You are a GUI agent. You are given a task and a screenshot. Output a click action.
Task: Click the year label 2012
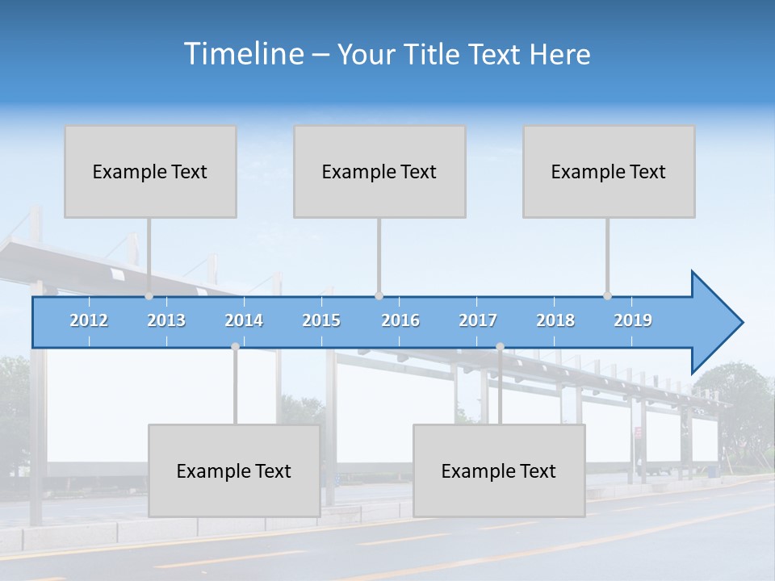pyautogui.click(x=89, y=320)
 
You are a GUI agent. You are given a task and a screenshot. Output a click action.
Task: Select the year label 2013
pyautogui.click(x=166, y=320)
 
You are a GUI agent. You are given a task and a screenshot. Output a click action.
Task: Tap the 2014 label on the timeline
pyautogui.click(x=244, y=320)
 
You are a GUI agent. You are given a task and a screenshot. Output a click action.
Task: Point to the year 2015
pyautogui.click(x=321, y=320)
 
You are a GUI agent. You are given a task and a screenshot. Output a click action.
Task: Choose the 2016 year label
pyautogui.click(x=400, y=320)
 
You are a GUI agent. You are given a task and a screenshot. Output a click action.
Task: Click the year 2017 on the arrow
pyautogui.click(x=478, y=320)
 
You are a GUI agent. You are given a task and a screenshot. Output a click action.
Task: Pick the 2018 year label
pyautogui.click(x=555, y=320)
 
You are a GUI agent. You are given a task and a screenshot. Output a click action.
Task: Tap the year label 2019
pyautogui.click(x=633, y=320)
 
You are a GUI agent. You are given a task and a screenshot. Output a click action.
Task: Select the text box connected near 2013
pyautogui.click(x=150, y=171)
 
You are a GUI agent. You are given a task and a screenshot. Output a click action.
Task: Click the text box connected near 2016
pyautogui.click(x=379, y=171)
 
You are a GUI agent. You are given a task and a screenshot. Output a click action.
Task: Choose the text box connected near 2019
pyautogui.click(x=609, y=171)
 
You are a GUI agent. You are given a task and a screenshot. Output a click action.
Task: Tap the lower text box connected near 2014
pyautogui.click(x=234, y=470)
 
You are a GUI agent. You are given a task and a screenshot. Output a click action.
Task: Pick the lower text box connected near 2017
pyautogui.click(x=499, y=470)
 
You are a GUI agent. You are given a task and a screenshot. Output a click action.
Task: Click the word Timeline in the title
pyautogui.click(x=243, y=54)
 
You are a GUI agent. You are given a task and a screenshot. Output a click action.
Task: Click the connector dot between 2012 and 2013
pyautogui.click(x=149, y=296)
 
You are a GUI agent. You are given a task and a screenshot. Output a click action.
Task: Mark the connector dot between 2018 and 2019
pyautogui.click(x=608, y=296)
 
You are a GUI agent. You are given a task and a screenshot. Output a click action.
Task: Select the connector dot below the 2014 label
pyautogui.click(x=235, y=347)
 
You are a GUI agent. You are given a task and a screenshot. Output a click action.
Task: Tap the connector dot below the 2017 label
pyautogui.click(x=500, y=347)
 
